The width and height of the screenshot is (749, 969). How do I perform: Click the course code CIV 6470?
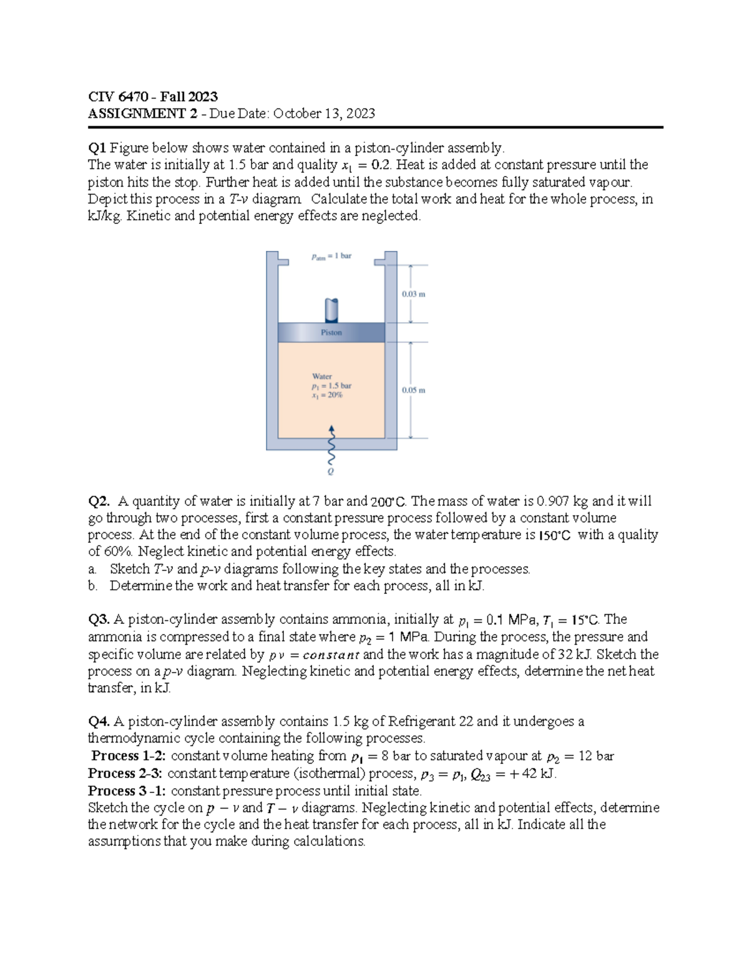[118, 97]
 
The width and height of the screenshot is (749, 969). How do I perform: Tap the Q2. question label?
[100, 501]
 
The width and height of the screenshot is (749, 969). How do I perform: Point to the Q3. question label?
[99, 620]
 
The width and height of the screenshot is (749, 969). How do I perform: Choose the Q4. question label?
[99, 722]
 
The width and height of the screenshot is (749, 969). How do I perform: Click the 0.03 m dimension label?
[413, 293]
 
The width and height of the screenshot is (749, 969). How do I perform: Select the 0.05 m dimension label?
[413, 390]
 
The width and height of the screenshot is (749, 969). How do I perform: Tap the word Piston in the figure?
[331, 333]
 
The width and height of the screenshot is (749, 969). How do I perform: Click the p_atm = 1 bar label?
[331, 256]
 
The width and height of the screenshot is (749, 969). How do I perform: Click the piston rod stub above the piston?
[331, 309]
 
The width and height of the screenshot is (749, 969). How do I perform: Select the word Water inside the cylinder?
[321, 376]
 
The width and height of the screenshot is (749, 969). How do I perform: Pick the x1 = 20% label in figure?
[327, 395]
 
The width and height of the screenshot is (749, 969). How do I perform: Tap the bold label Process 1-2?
[129, 756]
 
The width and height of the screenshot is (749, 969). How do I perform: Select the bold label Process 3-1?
[127, 791]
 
